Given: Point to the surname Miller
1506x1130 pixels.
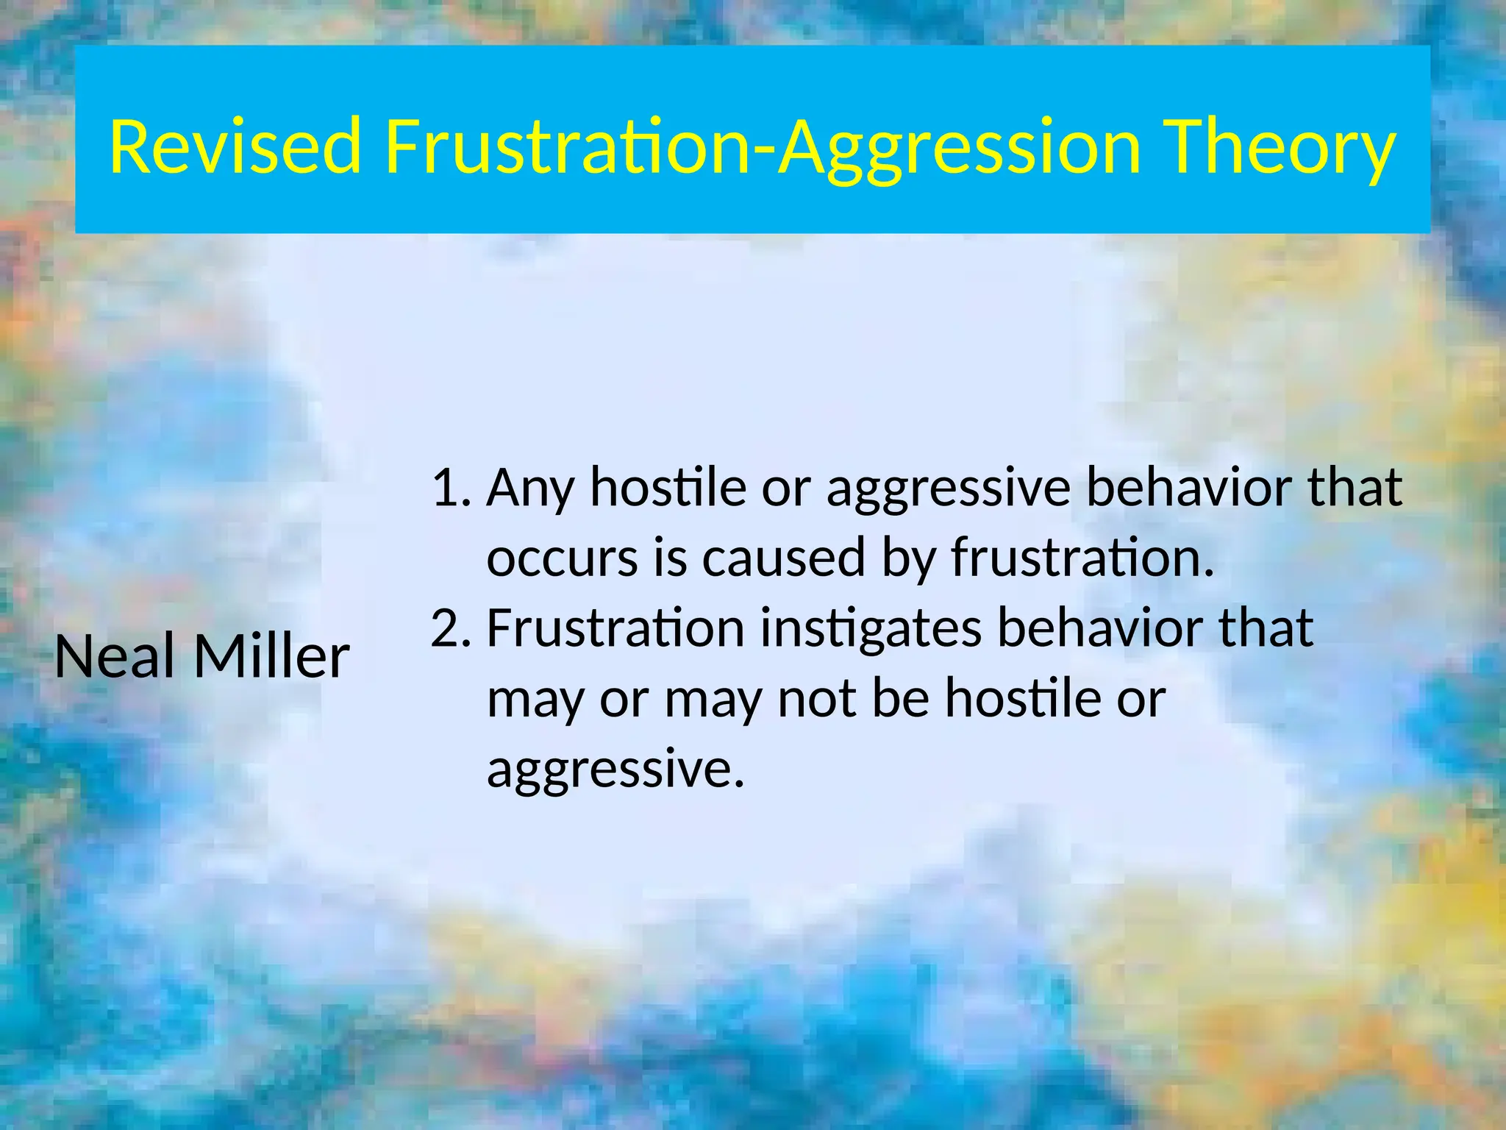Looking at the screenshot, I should click(x=271, y=657).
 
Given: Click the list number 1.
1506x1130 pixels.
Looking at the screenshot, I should click(x=449, y=488).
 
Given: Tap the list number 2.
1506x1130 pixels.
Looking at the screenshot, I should click(x=449, y=629).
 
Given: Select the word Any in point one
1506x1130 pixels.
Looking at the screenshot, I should click(x=530, y=488).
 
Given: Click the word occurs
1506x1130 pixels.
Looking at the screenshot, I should click(x=562, y=558).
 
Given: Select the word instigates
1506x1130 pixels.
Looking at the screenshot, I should click(x=871, y=630).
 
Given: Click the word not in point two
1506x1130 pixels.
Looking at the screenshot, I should click(x=816, y=698).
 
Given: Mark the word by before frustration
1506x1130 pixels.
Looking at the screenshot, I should click(x=909, y=558).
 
